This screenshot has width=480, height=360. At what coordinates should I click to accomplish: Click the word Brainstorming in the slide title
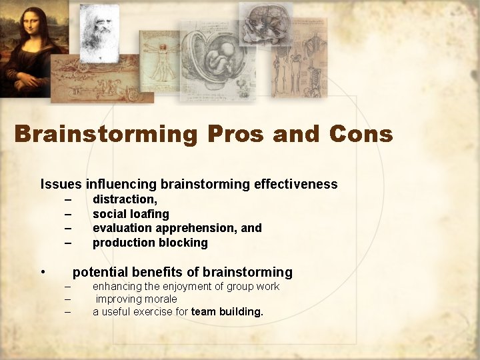point(106,134)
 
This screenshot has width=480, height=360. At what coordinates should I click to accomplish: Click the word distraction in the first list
point(124,199)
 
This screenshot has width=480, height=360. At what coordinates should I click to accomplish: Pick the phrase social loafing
point(131,214)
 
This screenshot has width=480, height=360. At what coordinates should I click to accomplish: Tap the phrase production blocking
point(150,243)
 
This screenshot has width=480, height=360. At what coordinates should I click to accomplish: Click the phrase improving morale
point(136,299)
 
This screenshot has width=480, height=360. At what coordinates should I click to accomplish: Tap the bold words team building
point(227,312)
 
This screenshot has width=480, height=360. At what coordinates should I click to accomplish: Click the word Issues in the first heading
point(61,184)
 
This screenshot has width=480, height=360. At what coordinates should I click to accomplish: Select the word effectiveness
point(295,184)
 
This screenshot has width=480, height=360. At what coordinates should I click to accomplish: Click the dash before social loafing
point(67,214)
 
